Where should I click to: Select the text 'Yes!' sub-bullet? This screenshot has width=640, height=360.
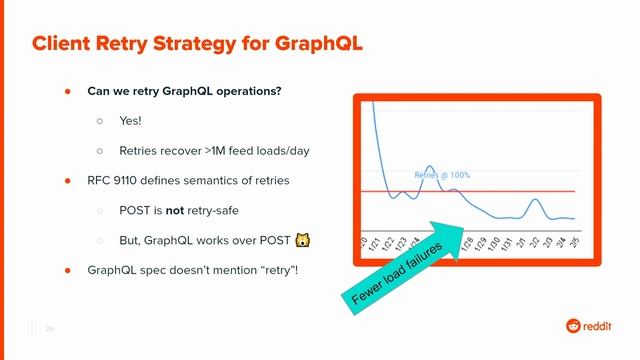(131, 120)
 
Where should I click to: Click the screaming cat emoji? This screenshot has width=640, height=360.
(300, 241)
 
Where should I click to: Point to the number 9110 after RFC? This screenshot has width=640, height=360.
(129, 181)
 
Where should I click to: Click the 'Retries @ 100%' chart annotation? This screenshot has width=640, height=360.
(441, 175)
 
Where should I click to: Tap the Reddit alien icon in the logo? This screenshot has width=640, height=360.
(573, 325)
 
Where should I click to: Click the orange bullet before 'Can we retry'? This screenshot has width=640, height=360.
(68, 90)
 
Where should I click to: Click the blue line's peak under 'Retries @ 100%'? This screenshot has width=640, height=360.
(428, 167)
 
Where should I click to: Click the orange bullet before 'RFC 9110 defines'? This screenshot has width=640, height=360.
(68, 181)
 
